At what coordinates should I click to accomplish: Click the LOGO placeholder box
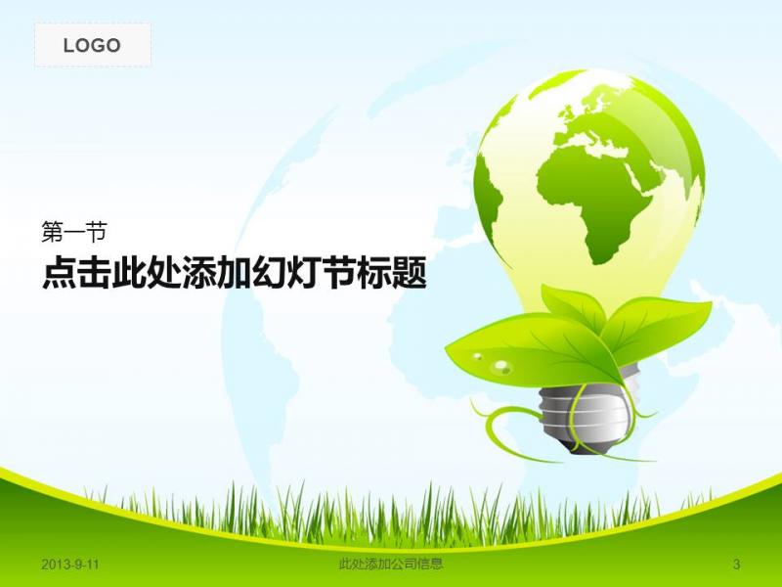pos(93,45)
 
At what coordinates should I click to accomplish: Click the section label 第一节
pos(74,232)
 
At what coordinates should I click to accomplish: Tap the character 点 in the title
pos(60,273)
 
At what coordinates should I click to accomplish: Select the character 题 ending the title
pos(410,273)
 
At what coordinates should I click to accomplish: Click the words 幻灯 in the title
pos(286,273)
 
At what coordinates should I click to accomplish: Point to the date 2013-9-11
pos(70,564)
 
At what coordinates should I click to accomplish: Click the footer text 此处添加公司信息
pos(390,564)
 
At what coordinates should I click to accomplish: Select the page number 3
pos(737,564)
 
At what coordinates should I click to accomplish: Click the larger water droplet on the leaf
pos(501,367)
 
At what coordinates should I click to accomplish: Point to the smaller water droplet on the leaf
pos(478,356)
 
